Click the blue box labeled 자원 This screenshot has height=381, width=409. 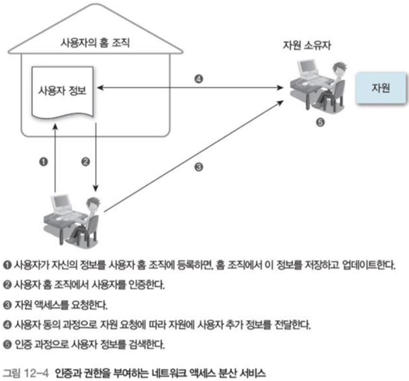click(381, 89)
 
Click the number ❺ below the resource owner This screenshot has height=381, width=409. click(320, 122)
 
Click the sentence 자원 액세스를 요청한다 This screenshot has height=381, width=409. click(61, 305)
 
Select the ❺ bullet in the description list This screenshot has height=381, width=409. click(7, 345)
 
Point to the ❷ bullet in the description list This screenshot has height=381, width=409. click(7, 285)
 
